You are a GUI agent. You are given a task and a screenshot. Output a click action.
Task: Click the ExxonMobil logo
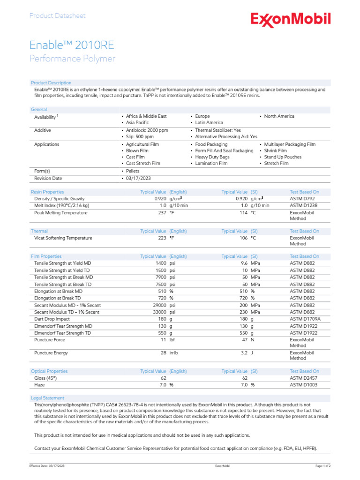tap(290, 20)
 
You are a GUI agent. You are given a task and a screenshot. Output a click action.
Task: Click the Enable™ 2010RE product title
tap(72, 45)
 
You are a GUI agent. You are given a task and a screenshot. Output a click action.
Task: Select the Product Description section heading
tap(51, 83)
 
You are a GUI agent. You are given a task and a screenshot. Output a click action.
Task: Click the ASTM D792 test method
tap(302, 199)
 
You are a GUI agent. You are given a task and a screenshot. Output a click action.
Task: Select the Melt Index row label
tap(61, 205)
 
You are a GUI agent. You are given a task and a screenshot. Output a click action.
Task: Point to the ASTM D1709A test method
tap(306, 319)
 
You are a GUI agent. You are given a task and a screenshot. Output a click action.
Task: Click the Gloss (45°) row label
tap(47, 378)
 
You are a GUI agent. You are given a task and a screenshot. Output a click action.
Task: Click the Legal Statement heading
tap(47, 398)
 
